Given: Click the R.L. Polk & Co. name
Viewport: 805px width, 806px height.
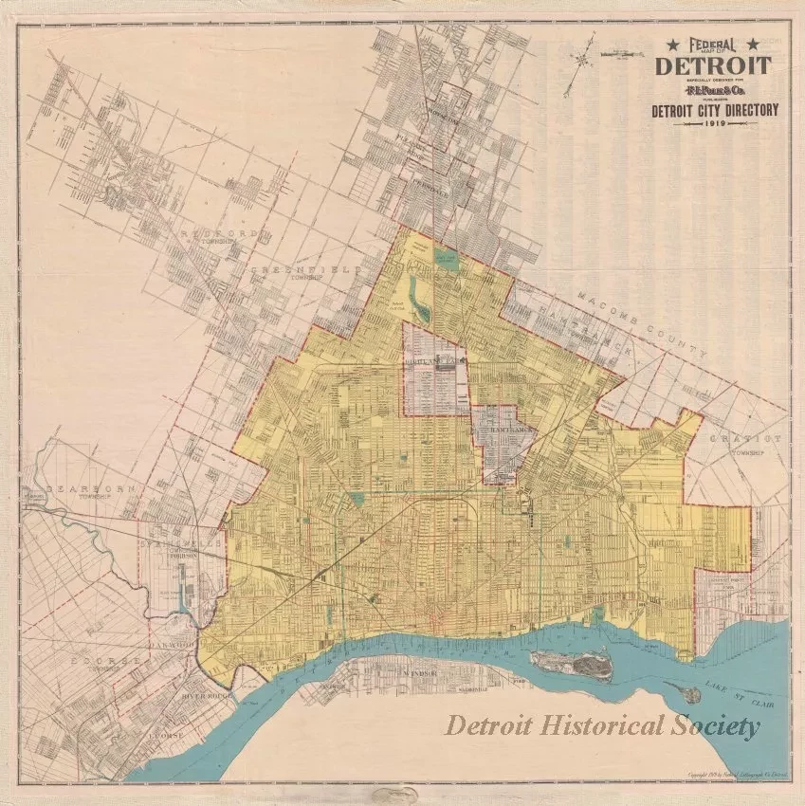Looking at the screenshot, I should [713, 93].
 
